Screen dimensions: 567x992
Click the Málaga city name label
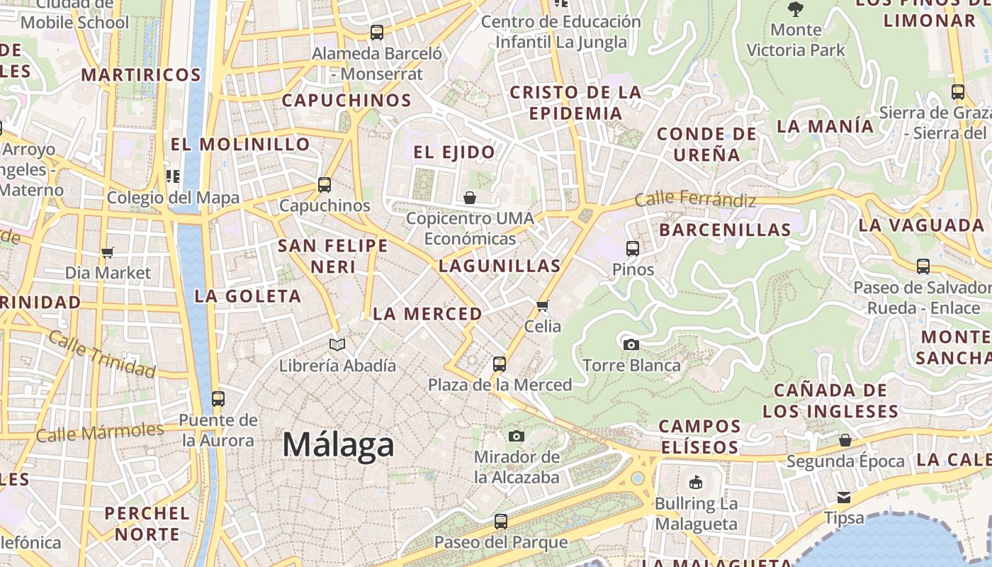click(x=338, y=445)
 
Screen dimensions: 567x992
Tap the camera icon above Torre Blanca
click(x=631, y=345)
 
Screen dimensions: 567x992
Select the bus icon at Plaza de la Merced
click(x=500, y=364)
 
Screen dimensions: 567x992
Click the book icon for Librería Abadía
click(x=337, y=345)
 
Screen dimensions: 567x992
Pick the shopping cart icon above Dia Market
click(x=108, y=252)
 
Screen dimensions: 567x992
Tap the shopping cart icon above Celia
click(x=543, y=306)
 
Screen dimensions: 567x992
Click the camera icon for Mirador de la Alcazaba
click(x=517, y=436)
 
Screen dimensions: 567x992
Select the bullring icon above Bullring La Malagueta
click(x=696, y=483)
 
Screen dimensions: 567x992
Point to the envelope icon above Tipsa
click(x=844, y=497)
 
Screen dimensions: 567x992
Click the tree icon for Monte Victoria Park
click(x=796, y=9)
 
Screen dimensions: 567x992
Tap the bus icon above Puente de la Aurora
click(x=218, y=398)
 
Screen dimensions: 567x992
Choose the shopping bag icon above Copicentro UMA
click(x=470, y=198)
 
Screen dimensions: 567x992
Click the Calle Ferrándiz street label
click(x=694, y=199)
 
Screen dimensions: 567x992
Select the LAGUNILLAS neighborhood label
click(x=500, y=266)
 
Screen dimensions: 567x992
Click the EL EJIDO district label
click(x=454, y=152)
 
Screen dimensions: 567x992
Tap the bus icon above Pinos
click(x=633, y=249)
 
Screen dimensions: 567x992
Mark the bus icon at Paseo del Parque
click(x=501, y=522)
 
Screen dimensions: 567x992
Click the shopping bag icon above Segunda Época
click(x=845, y=440)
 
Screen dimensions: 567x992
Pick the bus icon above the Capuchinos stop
click(x=325, y=185)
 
